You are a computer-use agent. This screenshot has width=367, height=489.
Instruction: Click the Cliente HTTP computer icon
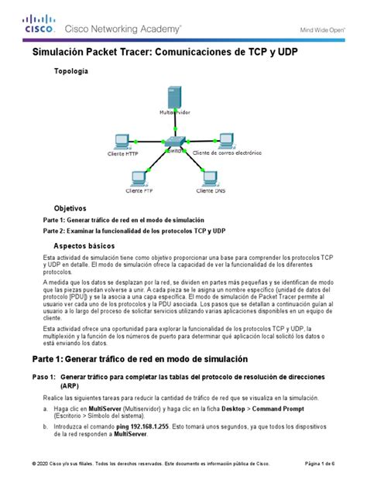tap(122, 142)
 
